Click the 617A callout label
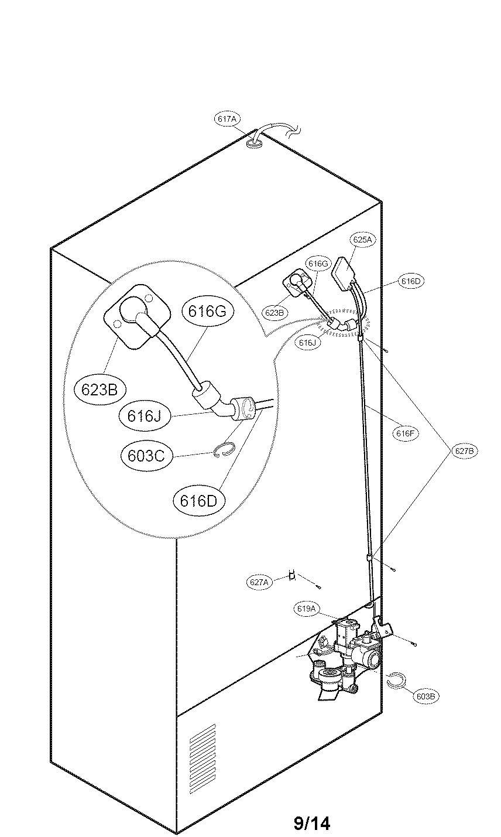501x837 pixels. pos(227,119)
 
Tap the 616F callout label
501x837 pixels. pos(406,434)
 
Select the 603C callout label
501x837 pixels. pos(147,455)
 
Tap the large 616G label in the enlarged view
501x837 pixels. pos(207,312)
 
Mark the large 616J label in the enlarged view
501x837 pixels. pos(145,416)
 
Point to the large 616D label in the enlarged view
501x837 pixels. pos(199,500)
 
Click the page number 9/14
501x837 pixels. pos(311,824)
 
